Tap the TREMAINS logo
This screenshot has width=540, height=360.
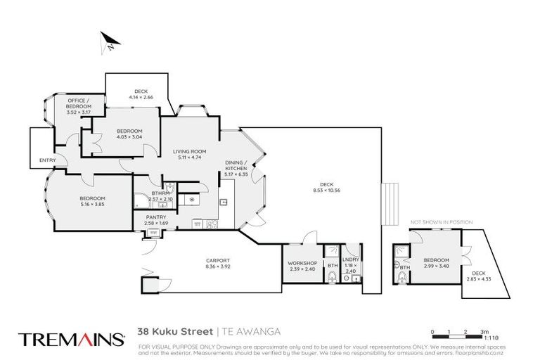pos(70,339)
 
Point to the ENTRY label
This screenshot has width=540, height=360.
pos(48,160)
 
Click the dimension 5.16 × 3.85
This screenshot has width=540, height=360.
pos(92,203)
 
